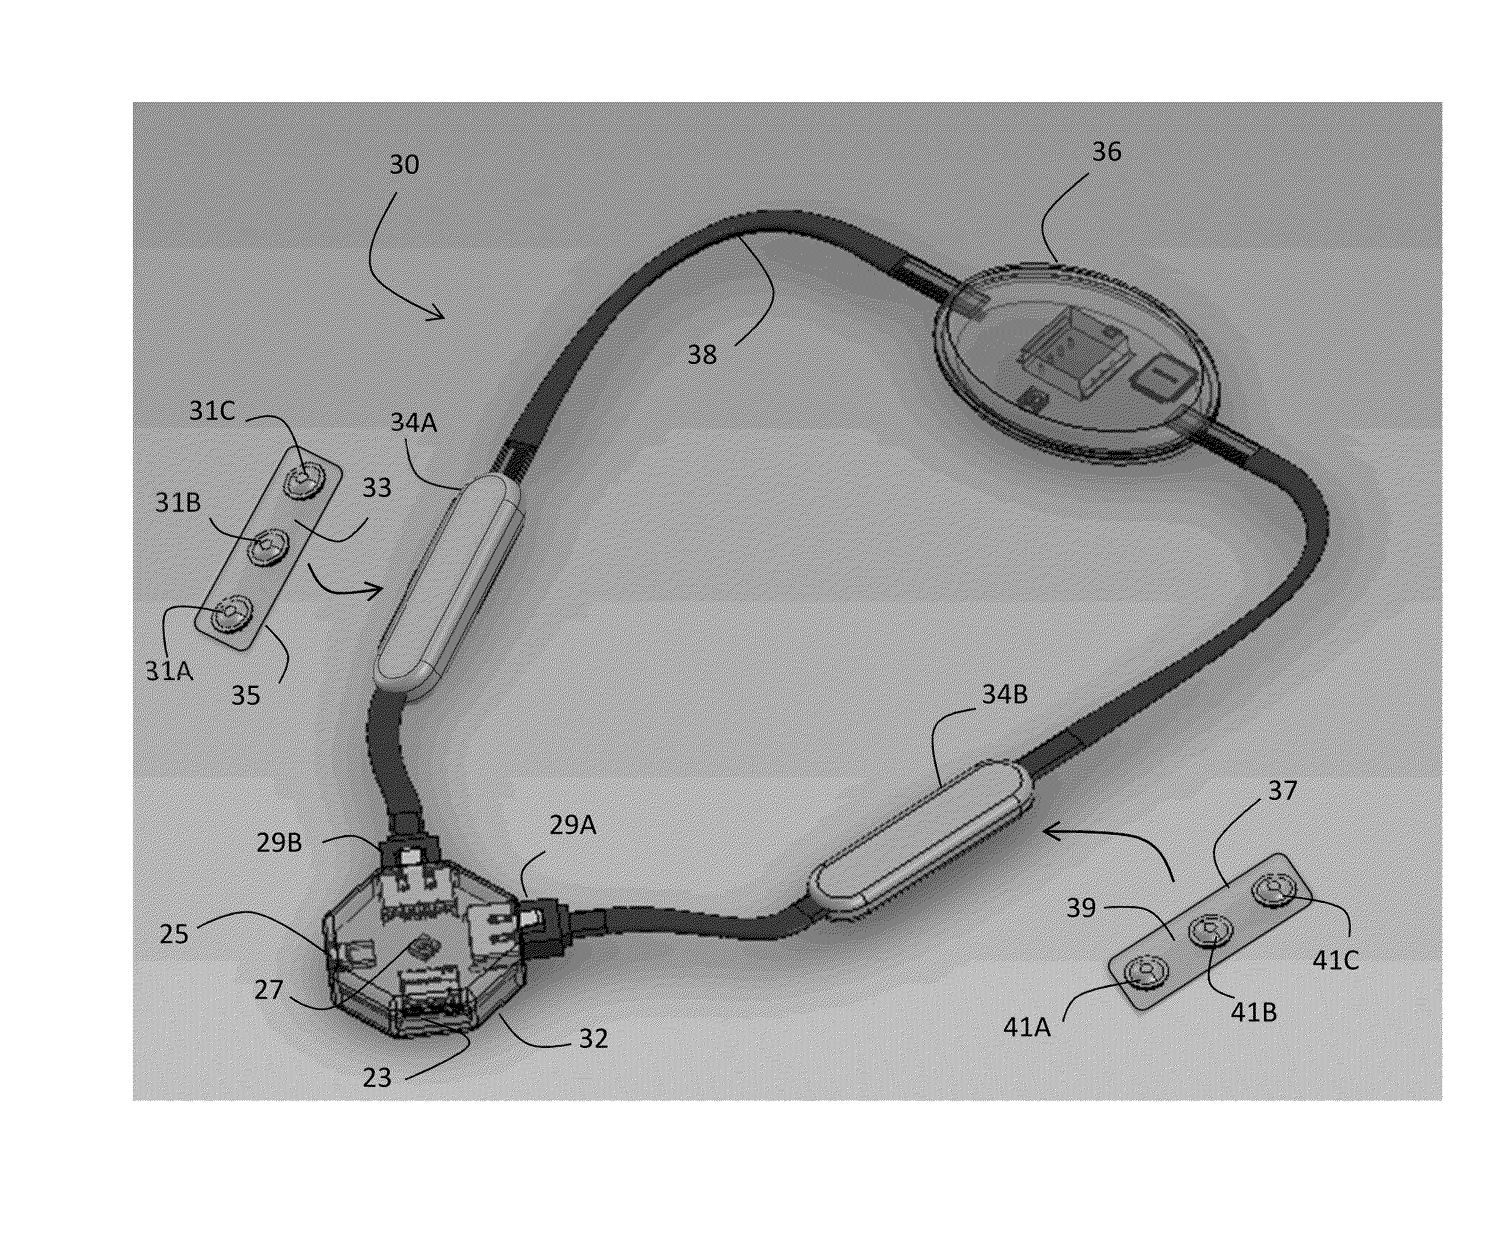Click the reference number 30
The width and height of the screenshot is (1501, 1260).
404,164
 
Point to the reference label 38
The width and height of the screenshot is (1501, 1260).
702,354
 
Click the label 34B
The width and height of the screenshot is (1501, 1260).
1004,694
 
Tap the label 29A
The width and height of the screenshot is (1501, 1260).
572,825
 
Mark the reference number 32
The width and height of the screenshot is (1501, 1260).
593,1038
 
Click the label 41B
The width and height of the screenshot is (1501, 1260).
1253,1012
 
